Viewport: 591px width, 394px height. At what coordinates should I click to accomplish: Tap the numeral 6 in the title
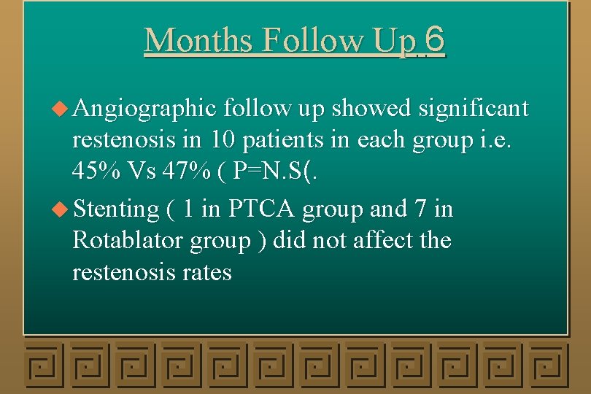[433, 39]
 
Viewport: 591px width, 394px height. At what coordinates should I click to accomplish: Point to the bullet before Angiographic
[63, 109]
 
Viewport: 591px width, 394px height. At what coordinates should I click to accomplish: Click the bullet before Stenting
[63, 209]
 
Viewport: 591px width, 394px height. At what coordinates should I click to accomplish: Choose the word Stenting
[116, 210]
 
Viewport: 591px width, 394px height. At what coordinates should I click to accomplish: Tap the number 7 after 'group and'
[419, 209]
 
